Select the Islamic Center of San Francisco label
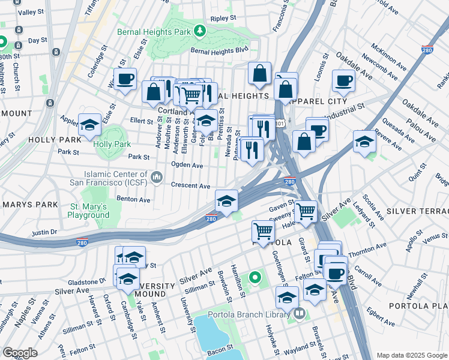[x=114, y=170]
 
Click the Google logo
[x=20, y=353]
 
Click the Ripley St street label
[x=223, y=19]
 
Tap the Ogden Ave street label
[x=187, y=165]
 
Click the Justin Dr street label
[x=44, y=231]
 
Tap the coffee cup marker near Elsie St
[x=125, y=79]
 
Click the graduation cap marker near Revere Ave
[x=364, y=142]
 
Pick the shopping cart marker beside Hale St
[x=306, y=211]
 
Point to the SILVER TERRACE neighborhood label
[x=417, y=211]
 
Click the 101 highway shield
[x=280, y=123]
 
